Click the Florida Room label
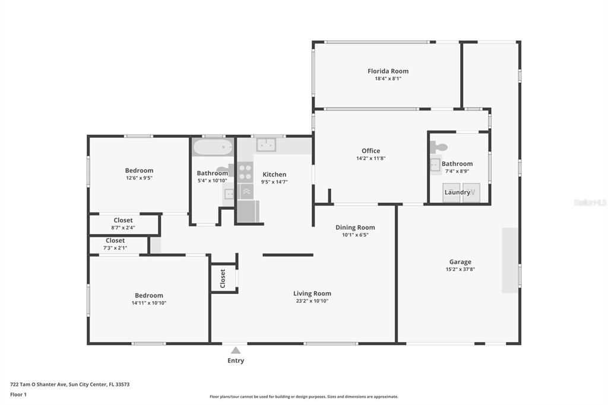[388, 71]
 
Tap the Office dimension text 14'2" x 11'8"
[370, 159]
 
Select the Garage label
[460, 262]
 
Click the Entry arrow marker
[236, 350]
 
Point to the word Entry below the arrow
[236, 360]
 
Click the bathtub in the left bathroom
[213, 147]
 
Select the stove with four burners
[245, 172]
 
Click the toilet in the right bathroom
[439, 147]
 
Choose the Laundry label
[457, 192]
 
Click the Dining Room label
[355, 227]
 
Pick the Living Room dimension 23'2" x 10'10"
[312, 301]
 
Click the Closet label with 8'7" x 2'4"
[123, 220]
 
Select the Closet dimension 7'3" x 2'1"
[115, 248]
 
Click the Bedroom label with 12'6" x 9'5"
[139, 170]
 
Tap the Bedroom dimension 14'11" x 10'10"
[148, 303]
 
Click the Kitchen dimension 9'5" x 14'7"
[274, 182]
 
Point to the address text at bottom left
[69, 384]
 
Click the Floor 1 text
[18, 394]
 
